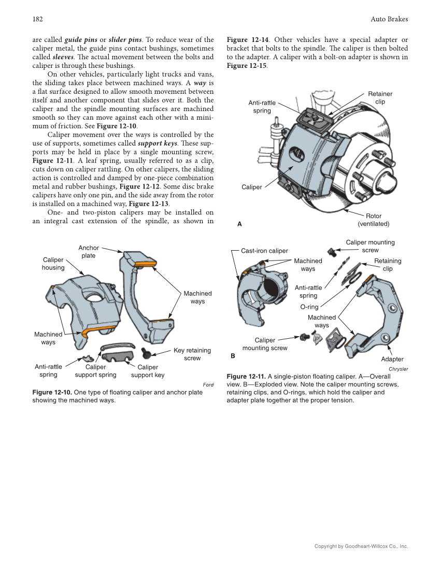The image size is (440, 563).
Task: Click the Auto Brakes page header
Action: pos(389,19)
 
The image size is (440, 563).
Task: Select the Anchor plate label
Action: pos(89,252)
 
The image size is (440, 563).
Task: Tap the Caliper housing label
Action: pos(53,264)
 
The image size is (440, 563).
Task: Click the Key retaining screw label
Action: pos(192,354)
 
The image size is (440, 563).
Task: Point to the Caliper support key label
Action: pos(148,371)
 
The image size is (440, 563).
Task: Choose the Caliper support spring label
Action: pos(96,371)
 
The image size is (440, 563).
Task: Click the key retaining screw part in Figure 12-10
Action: pos(146,354)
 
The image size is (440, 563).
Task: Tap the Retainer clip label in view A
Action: pos(380,98)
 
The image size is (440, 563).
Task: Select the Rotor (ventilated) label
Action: pos(373,220)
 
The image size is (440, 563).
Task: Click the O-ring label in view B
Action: pos(309,307)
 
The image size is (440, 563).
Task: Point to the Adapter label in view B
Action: pos(392,359)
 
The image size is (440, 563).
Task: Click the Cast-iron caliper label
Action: pos(264,251)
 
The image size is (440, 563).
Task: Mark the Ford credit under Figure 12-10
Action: pos(208,385)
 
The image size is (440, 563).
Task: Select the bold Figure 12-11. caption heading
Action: pos(246,377)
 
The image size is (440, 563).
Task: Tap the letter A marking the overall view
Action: pos(239,224)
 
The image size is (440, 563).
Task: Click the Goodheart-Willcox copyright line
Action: pos(361,546)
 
